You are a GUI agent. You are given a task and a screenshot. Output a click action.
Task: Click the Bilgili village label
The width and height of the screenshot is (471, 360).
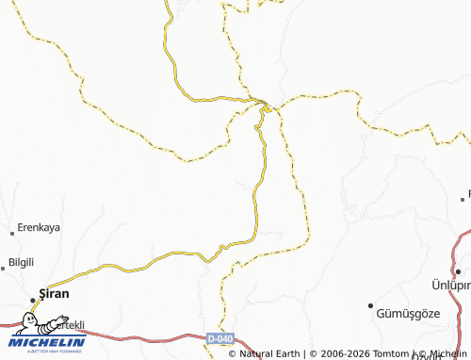coord(21,261)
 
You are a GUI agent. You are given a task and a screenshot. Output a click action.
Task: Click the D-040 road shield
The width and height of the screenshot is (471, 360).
coord(219,336)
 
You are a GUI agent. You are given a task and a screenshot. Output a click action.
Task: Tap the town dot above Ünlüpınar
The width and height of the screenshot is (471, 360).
coord(456,270)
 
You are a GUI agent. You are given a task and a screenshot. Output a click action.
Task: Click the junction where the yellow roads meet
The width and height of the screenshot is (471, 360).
coord(266,104)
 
